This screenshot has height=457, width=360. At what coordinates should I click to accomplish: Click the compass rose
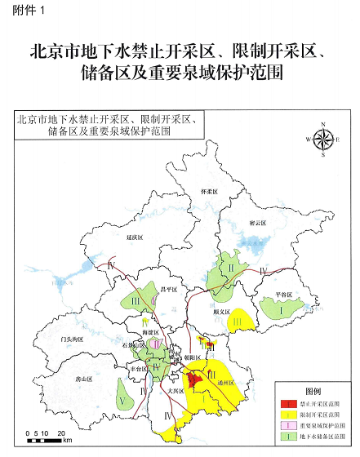[x=324, y=139]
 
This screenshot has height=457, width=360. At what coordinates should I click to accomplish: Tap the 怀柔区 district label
[x=211, y=189]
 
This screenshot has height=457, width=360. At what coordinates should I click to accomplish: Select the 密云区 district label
[x=257, y=222]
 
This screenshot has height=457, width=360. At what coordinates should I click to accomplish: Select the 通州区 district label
[x=227, y=381]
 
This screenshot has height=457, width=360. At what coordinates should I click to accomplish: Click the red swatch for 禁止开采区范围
[x=287, y=404]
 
